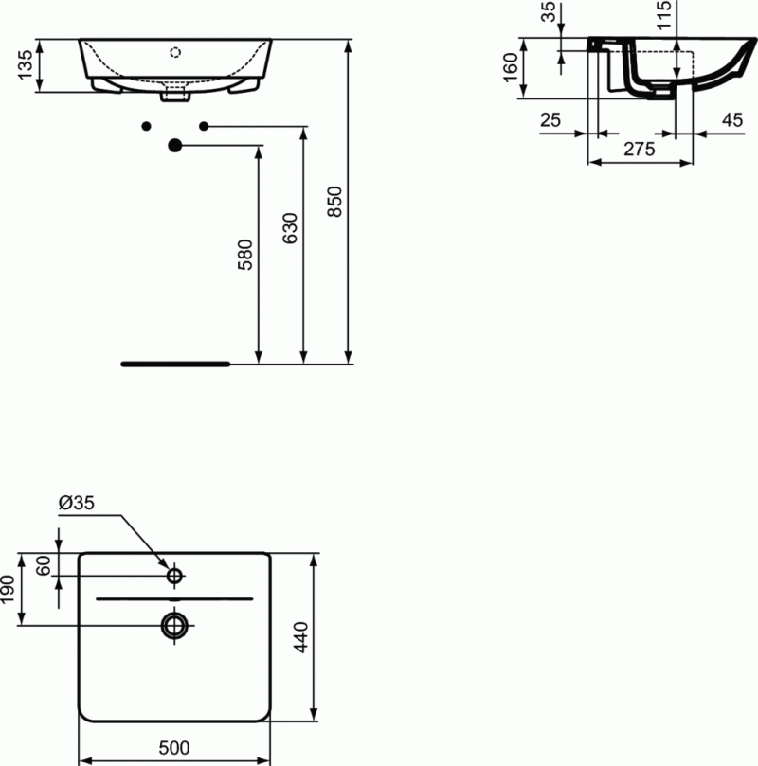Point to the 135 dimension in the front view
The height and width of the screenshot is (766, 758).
click(x=26, y=66)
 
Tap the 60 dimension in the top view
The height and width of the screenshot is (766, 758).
click(x=43, y=566)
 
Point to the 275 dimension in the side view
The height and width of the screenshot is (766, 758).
click(x=639, y=150)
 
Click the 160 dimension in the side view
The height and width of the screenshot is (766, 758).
click(x=510, y=67)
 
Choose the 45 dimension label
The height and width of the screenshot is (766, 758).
click(x=731, y=119)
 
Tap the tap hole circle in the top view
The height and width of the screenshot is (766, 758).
click(x=174, y=575)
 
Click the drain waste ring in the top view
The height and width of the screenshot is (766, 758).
click(x=174, y=624)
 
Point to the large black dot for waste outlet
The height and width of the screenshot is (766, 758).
click(x=174, y=145)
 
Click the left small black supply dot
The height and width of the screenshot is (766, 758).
click(x=146, y=126)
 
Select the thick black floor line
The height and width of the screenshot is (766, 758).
click(x=175, y=363)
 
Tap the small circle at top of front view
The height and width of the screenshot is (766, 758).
click(x=174, y=51)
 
